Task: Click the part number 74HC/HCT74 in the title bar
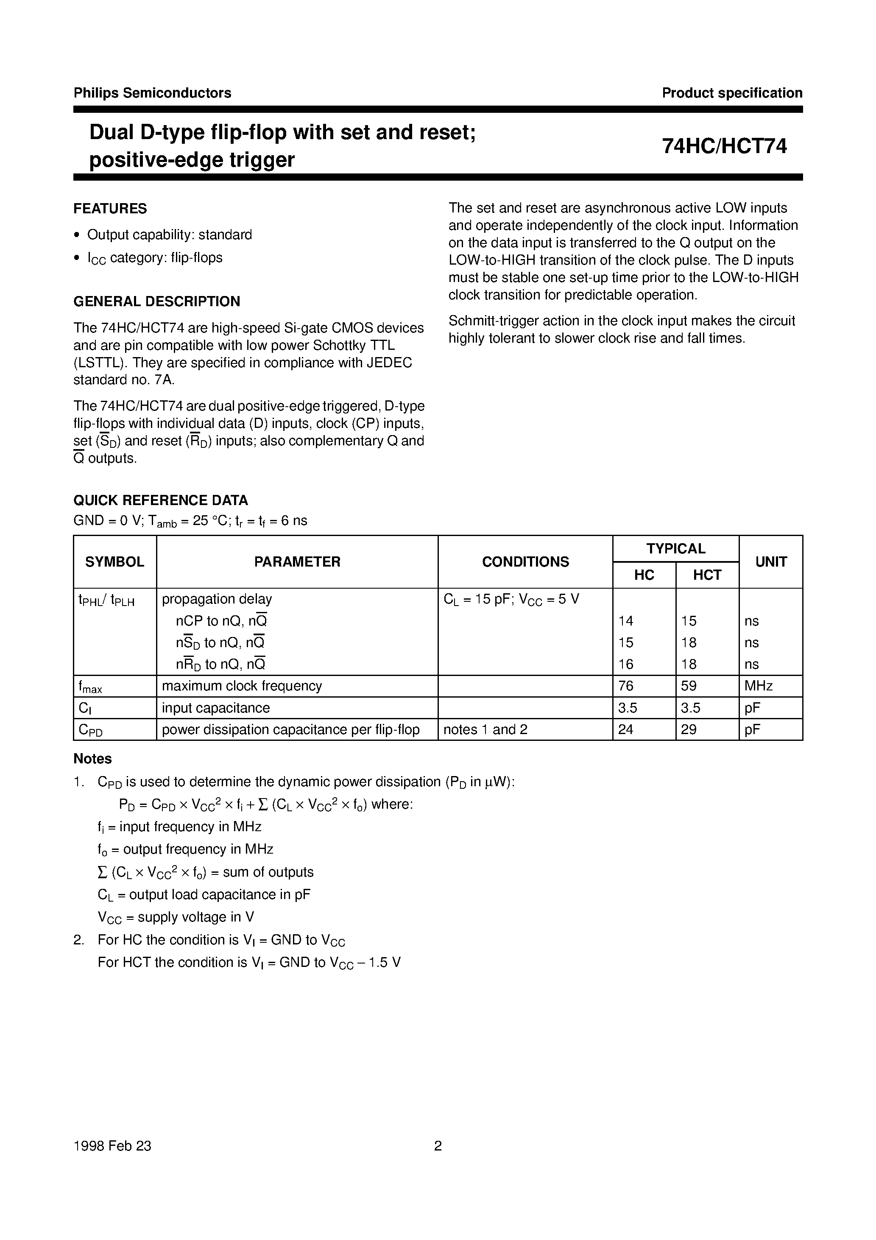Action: (x=724, y=146)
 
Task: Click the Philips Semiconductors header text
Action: (x=152, y=93)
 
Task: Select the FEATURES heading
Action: (x=110, y=209)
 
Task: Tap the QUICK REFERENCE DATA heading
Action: (x=160, y=500)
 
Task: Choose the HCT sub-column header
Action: (x=707, y=575)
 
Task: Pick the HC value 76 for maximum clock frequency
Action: (x=626, y=686)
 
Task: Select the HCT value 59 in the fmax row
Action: (x=689, y=686)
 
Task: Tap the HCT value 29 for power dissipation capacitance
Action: (x=689, y=730)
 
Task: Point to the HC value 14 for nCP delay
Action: (x=626, y=621)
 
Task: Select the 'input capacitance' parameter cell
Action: (x=215, y=708)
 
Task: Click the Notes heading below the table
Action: (x=92, y=759)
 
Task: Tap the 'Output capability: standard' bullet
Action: (x=170, y=235)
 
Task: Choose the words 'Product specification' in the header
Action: (x=732, y=93)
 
